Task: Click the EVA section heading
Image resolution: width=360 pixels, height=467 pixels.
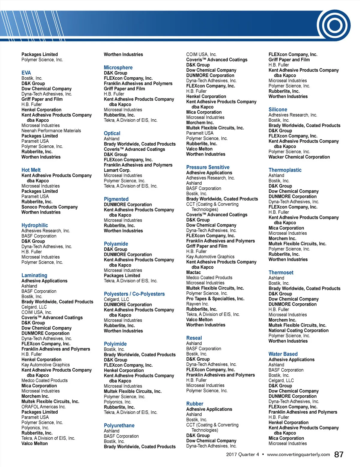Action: pyautogui.click(x=26, y=73)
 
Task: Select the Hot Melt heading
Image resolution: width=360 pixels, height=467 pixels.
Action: pyautogui.click(x=31, y=170)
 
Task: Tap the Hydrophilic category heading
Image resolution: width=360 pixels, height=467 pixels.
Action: pyautogui.click(x=34, y=225)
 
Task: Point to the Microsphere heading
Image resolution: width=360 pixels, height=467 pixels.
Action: pyautogui.click(x=118, y=68)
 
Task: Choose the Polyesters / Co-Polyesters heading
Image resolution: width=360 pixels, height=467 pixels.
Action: pyautogui.click(x=134, y=294)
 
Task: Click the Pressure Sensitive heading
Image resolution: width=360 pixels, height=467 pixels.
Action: pyautogui.click(x=208, y=167)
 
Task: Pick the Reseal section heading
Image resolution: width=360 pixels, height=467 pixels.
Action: pyautogui.click(x=194, y=338)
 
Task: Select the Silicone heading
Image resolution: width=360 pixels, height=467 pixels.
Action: pyautogui.click(x=278, y=110)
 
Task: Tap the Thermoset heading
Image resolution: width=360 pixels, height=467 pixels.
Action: pyautogui.click(x=281, y=273)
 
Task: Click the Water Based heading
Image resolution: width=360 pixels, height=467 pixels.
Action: pyautogui.click(x=283, y=354)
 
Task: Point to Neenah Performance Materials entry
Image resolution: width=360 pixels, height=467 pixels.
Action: pyautogui.click(x=51, y=131)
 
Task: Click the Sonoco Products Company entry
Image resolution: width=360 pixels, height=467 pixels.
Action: pyautogui.click(x=49, y=207)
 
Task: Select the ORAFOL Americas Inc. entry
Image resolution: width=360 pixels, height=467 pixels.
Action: pyautogui.click(x=43, y=407)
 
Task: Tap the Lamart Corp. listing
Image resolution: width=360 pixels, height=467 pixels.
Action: pyautogui.click(x=117, y=170)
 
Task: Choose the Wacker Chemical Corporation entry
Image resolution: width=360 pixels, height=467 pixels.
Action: pyautogui.click(x=299, y=157)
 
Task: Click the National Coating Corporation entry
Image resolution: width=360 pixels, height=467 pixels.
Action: pyautogui.click(x=298, y=330)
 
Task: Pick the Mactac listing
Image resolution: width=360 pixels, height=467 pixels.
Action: pyautogui.click(x=193, y=272)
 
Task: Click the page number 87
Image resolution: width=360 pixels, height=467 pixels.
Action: pyautogui.click(x=339, y=455)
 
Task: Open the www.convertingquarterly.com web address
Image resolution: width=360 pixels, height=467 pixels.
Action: pyautogui.click(x=298, y=455)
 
